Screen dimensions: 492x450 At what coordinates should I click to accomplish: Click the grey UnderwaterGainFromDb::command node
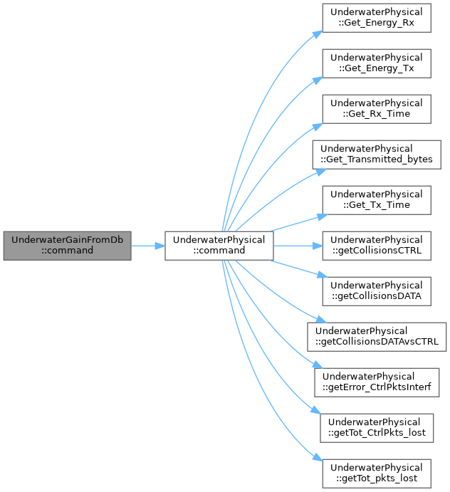tap(67, 246)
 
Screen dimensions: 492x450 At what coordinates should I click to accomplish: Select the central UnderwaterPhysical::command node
tap(219, 246)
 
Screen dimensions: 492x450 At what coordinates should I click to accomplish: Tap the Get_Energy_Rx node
tap(376, 18)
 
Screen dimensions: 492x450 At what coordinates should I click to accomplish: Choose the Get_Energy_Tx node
tap(376, 63)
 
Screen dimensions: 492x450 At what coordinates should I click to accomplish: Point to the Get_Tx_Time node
tap(376, 200)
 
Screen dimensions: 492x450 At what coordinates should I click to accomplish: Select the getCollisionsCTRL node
tap(376, 246)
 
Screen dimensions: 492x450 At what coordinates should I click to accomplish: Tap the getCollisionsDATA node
tap(376, 291)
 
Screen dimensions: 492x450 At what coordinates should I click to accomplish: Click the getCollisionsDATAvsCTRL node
tap(376, 337)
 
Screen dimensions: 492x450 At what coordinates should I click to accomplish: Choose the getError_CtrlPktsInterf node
tap(376, 382)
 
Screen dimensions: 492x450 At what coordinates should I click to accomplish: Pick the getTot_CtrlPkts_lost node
tap(376, 428)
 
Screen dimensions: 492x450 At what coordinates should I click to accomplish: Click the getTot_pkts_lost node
tap(376, 473)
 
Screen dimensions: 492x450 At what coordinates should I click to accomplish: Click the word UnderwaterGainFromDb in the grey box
tap(67, 240)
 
